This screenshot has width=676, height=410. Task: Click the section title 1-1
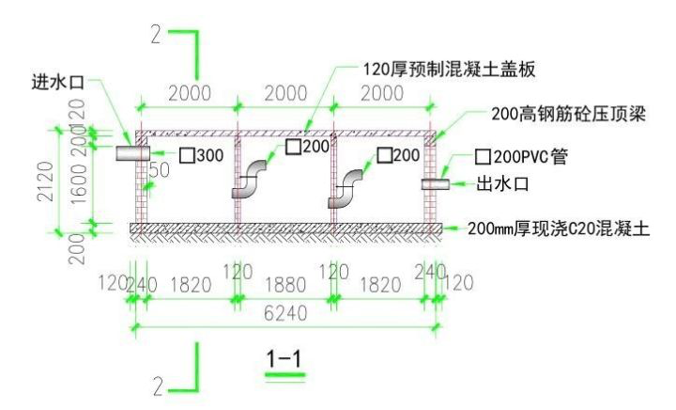(x=284, y=358)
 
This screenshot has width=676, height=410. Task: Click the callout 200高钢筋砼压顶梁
(x=573, y=113)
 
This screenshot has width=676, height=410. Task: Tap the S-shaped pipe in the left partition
(x=250, y=180)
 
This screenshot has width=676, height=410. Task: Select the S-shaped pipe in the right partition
(x=346, y=189)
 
